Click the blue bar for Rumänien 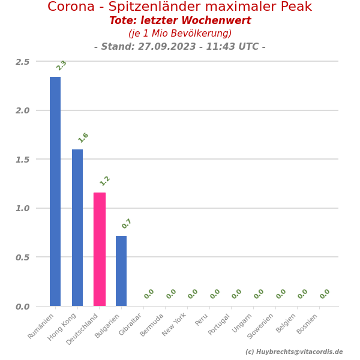55,191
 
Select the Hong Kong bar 77,227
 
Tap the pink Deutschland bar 100,249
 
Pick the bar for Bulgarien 121,271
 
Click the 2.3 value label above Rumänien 61,65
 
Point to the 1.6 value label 83,137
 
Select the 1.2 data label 105,181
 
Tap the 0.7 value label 127,224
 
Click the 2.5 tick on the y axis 22,62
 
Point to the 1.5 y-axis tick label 22,160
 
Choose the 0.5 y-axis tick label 22,257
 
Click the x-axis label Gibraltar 131,325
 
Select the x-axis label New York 175,324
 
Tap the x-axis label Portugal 220,324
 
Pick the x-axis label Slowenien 261,326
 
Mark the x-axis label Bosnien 307,324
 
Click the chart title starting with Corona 180,7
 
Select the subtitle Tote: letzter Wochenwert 180,21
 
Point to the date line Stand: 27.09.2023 180,47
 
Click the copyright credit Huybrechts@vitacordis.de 294,352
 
